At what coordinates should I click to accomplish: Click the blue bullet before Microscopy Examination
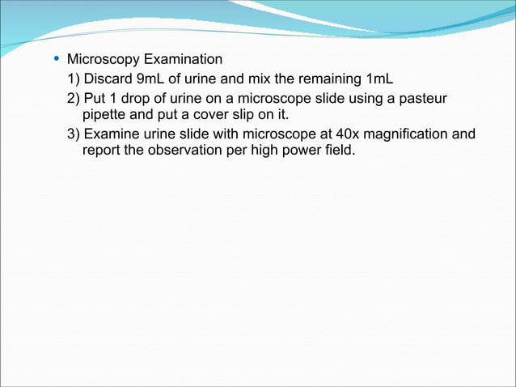tap(54, 59)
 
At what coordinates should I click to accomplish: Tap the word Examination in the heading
tap(182, 60)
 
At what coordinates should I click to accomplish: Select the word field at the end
tap(337, 150)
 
